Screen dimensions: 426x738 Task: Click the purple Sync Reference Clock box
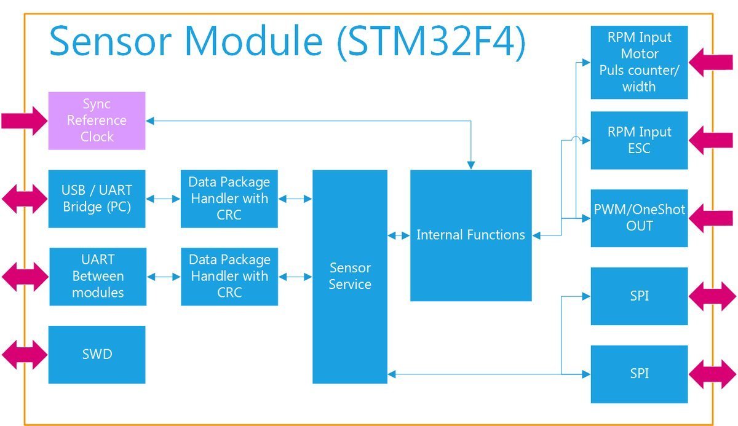(x=97, y=120)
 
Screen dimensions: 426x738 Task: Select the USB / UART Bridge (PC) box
(x=97, y=199)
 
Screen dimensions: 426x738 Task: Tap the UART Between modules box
(x=97, y=277)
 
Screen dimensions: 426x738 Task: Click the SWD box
(x=97, y=355)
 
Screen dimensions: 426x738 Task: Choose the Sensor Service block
(x=349, y=277)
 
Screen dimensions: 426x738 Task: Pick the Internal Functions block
(x=470, y=235)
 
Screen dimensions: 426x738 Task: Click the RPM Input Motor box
(x=639, y=62)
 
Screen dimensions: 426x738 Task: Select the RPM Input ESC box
(x=639, y=140)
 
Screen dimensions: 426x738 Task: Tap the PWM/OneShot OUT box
(x=639, y=218)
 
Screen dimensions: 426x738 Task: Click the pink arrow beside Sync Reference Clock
(x=24, y=120)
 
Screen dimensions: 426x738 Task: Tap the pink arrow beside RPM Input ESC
(x=710, y=140)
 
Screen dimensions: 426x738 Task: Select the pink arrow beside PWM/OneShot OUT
(x=710, y=218)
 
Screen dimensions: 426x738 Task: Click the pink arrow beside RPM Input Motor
(x=710, y=62)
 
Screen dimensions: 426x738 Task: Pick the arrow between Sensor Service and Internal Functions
(x=399, y=235)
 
